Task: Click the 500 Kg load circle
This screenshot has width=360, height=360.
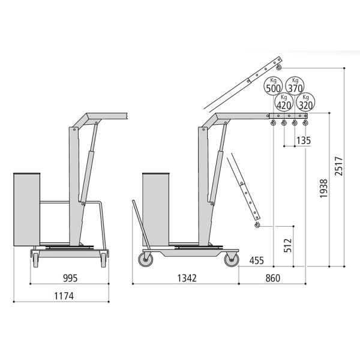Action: coord(273,86)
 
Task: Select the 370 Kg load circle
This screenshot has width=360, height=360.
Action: coord(295,85)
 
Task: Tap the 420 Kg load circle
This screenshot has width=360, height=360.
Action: coord(284,102)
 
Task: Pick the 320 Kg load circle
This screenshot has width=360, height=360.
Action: coord(305,102)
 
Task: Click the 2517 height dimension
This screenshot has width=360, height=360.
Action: coord(338,166)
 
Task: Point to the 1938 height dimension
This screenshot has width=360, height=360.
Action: coord(323,189)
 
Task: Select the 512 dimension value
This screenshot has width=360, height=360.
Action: coord(287,245)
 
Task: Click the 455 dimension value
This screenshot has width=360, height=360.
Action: coord(256,260)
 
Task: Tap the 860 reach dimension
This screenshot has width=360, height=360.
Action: coord(273,278)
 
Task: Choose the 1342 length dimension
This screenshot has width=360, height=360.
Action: coord(187,278)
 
